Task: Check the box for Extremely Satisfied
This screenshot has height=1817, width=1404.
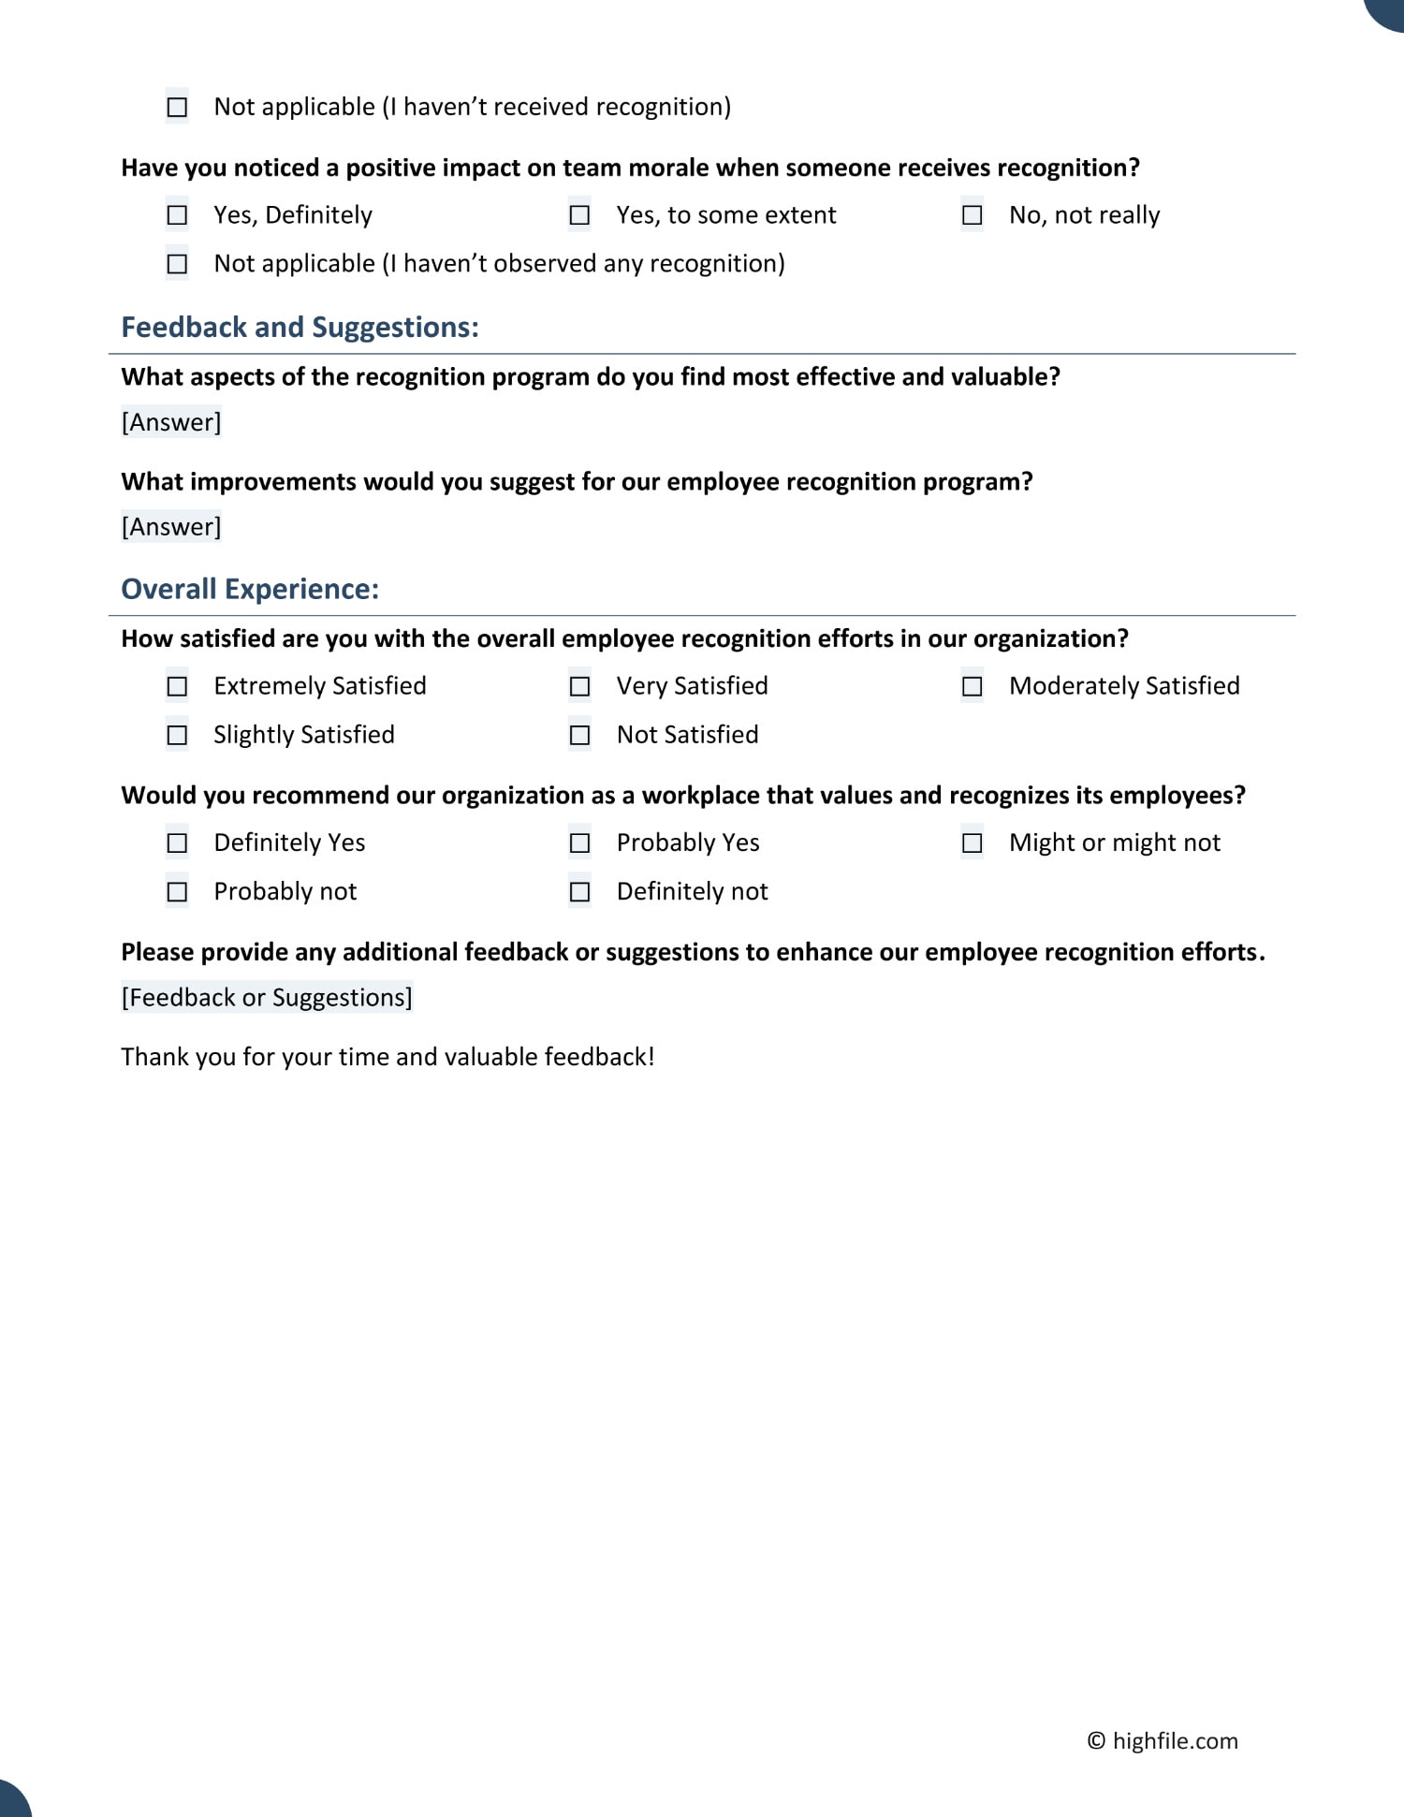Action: (x=177, y=687)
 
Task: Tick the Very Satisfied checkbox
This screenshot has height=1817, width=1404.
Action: (x=579, y=687)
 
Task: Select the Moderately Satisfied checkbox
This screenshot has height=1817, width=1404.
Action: (x=973, y=687)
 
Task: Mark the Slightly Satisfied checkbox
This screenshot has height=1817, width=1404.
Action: (x=177, y=736)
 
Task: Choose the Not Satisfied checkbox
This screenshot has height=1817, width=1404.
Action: (x=579, y=736)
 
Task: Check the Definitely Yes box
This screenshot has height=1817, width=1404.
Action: (x=177, y=843)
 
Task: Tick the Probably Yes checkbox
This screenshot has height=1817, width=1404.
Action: (x=579, y=843)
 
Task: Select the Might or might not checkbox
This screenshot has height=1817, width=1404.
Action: (x=973, y=843)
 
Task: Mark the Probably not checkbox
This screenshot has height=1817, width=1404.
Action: (x=177, y=892)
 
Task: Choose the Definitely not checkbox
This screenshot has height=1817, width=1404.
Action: (x=579, y=892)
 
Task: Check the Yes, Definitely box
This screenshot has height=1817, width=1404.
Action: (x=177, y=216)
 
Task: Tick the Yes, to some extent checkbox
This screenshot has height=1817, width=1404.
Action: (x=579, y=216)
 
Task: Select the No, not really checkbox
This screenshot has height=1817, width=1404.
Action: (x=973, y=216)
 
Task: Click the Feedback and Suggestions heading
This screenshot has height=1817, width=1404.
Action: (x=300, y=328)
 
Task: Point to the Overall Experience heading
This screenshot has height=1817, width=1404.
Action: (x=250, y=590)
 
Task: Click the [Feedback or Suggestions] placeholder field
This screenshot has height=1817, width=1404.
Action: (x=267, y=998)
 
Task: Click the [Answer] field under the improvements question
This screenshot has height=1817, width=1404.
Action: (x=171, y=527)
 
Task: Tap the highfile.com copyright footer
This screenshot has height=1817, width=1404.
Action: (x=1163, y=1741)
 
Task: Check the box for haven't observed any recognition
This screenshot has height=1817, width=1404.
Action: (x=177, y=265)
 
